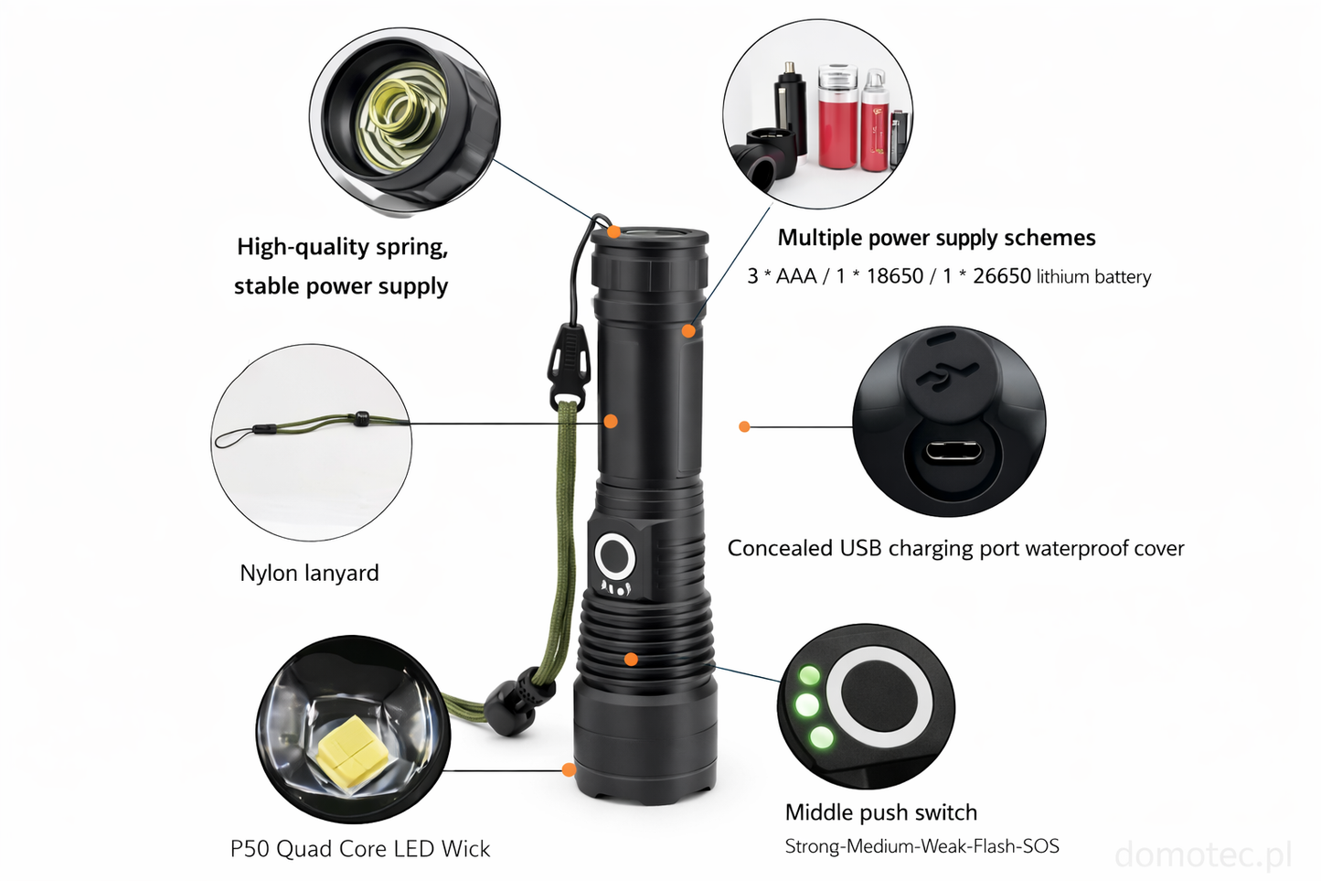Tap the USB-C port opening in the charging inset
(953, 453)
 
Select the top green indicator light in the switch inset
(809, 675)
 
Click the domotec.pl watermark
(1203, 854)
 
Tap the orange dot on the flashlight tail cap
(614, 231)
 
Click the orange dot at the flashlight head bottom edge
(570, 769)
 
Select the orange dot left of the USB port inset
(744, 426)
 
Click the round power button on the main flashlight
(615, 556)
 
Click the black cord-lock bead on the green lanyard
(511, 707)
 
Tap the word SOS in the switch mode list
(1041, 846)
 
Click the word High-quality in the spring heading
(304, 247)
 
